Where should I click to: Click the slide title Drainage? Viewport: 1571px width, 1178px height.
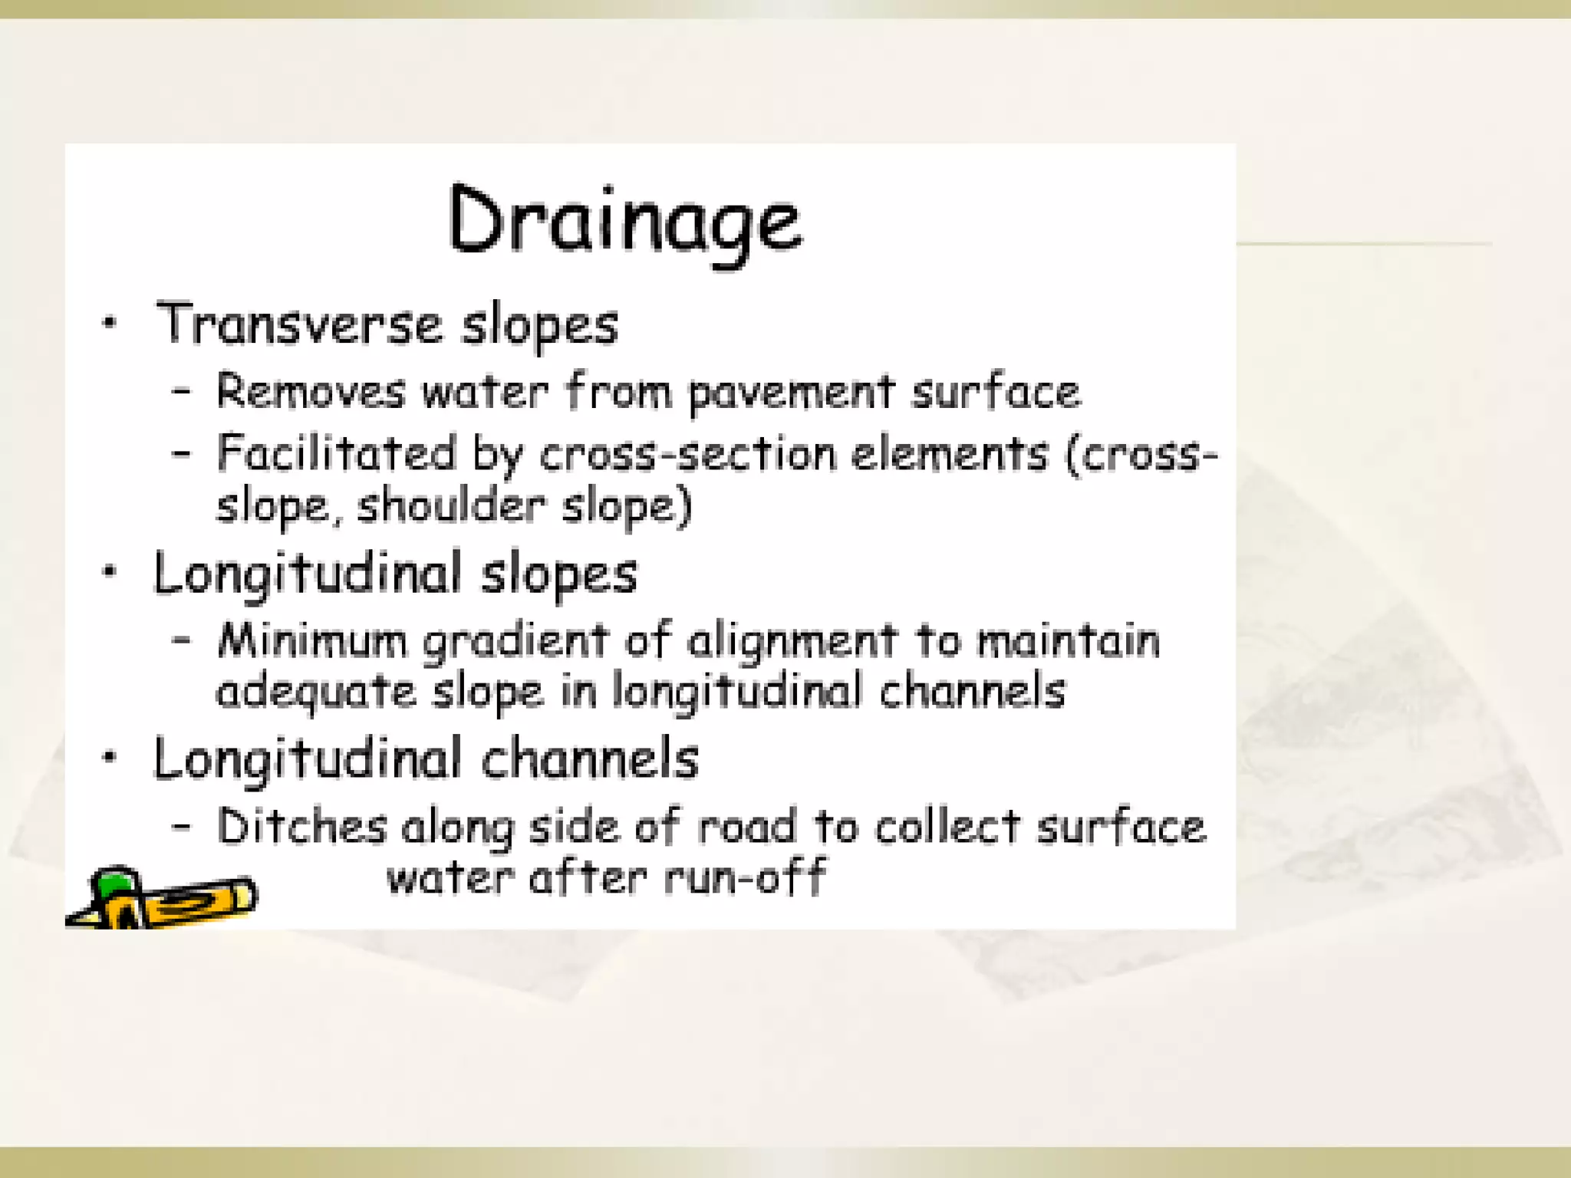pos(624,221)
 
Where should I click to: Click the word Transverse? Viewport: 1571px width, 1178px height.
pos(299,324)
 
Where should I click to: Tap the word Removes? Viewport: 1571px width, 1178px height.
pos(310,391)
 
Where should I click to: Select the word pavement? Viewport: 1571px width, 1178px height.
pos(791,393)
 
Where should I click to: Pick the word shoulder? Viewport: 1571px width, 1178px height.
pos(451,506)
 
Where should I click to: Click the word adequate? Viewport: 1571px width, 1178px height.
pos(315,692)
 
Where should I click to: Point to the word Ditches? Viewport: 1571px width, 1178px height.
pos(301,827)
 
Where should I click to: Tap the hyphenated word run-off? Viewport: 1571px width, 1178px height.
pos(744,877)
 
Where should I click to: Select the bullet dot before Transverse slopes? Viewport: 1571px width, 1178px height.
pos(110,323)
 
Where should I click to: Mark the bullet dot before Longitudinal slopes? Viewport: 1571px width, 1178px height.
pos(110,571)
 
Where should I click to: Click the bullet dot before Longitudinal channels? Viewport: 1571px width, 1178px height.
pos(110,757)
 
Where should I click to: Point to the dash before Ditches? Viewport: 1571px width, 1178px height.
pos(181,827)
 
